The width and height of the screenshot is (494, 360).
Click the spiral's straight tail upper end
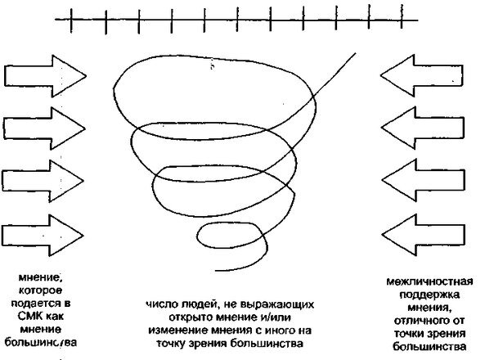356,54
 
